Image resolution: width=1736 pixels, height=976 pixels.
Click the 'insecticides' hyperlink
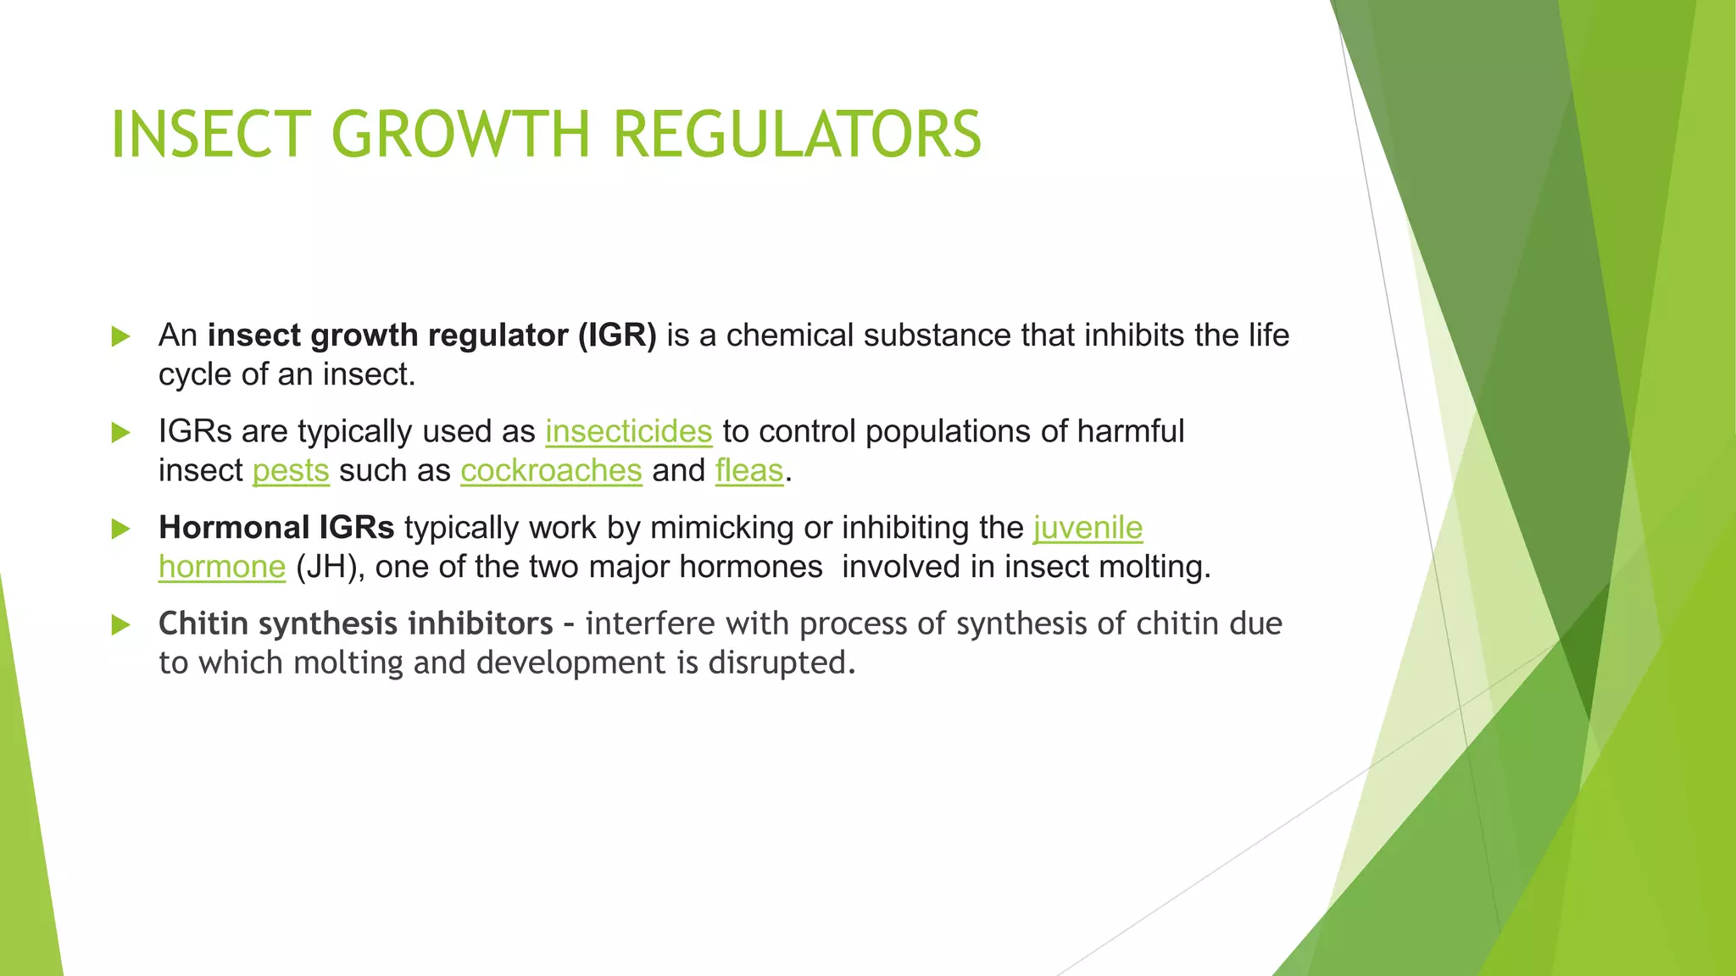pyautogui.click(x=628, y=431)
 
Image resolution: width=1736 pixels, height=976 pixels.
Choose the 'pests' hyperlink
pyautogui.click(x=291, y=470)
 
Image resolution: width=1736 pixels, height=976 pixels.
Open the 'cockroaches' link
pyautogui.click(x=551, y=470)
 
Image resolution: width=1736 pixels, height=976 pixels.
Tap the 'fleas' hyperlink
pyautogui.click(x=749, y=470)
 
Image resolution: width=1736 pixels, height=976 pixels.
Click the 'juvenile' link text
pyautogui.click(x=1088, y=528)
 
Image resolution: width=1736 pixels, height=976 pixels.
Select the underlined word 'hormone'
pyautogui.click(x=222, y=567)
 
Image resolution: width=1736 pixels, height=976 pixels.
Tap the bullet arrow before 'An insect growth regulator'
pyautogui.click(x=121, y=336)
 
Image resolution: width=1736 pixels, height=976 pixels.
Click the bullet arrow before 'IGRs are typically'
pyautogui.click(x=121, y=433)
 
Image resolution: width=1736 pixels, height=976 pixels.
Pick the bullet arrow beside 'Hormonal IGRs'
pyautogui.click(x=121, y=530)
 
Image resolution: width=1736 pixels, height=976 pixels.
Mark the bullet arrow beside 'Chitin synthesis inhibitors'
pyautogui.click(x=121, y=625)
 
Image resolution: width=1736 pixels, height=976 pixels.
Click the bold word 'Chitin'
pyautogui.click(x=203, y=624)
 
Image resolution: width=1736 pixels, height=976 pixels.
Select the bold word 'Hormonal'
pyautogui.click(x=234, y=528)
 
